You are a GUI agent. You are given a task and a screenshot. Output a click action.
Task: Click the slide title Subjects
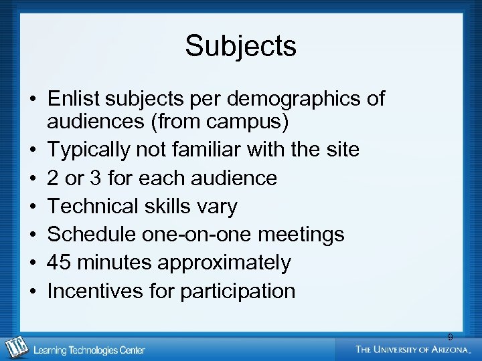240,46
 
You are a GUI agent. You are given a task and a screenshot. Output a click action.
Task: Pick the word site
341,150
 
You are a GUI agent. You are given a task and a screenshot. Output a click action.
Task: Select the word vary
216,207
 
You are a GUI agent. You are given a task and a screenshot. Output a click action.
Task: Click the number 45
60,263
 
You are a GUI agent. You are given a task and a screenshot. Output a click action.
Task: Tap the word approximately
224,263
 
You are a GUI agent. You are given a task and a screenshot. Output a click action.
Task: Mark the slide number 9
451,337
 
